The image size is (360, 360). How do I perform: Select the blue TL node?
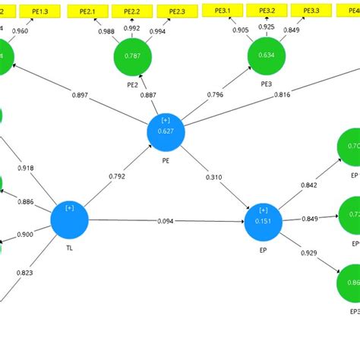coord(70,219)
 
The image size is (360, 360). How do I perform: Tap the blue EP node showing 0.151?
coord(263,221)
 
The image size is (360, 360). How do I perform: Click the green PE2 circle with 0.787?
coord(133,55)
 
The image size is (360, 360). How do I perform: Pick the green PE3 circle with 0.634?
coord(267,55)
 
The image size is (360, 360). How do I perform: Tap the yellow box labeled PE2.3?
coord(176,11)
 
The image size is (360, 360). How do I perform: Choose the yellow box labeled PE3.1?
coord(223,11)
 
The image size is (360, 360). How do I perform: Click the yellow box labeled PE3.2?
coord(267,11)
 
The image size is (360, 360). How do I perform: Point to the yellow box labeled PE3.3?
coord(311,11)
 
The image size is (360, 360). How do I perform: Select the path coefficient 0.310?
coord(213,177)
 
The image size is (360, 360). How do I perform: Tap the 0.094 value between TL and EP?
coord(166,221)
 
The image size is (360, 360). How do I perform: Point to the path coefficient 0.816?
coord(281,95)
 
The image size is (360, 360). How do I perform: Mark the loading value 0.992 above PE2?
coord(131,28)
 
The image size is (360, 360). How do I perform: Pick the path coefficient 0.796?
coord(215,95)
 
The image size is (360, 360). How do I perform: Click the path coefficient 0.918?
coord(25,167)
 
